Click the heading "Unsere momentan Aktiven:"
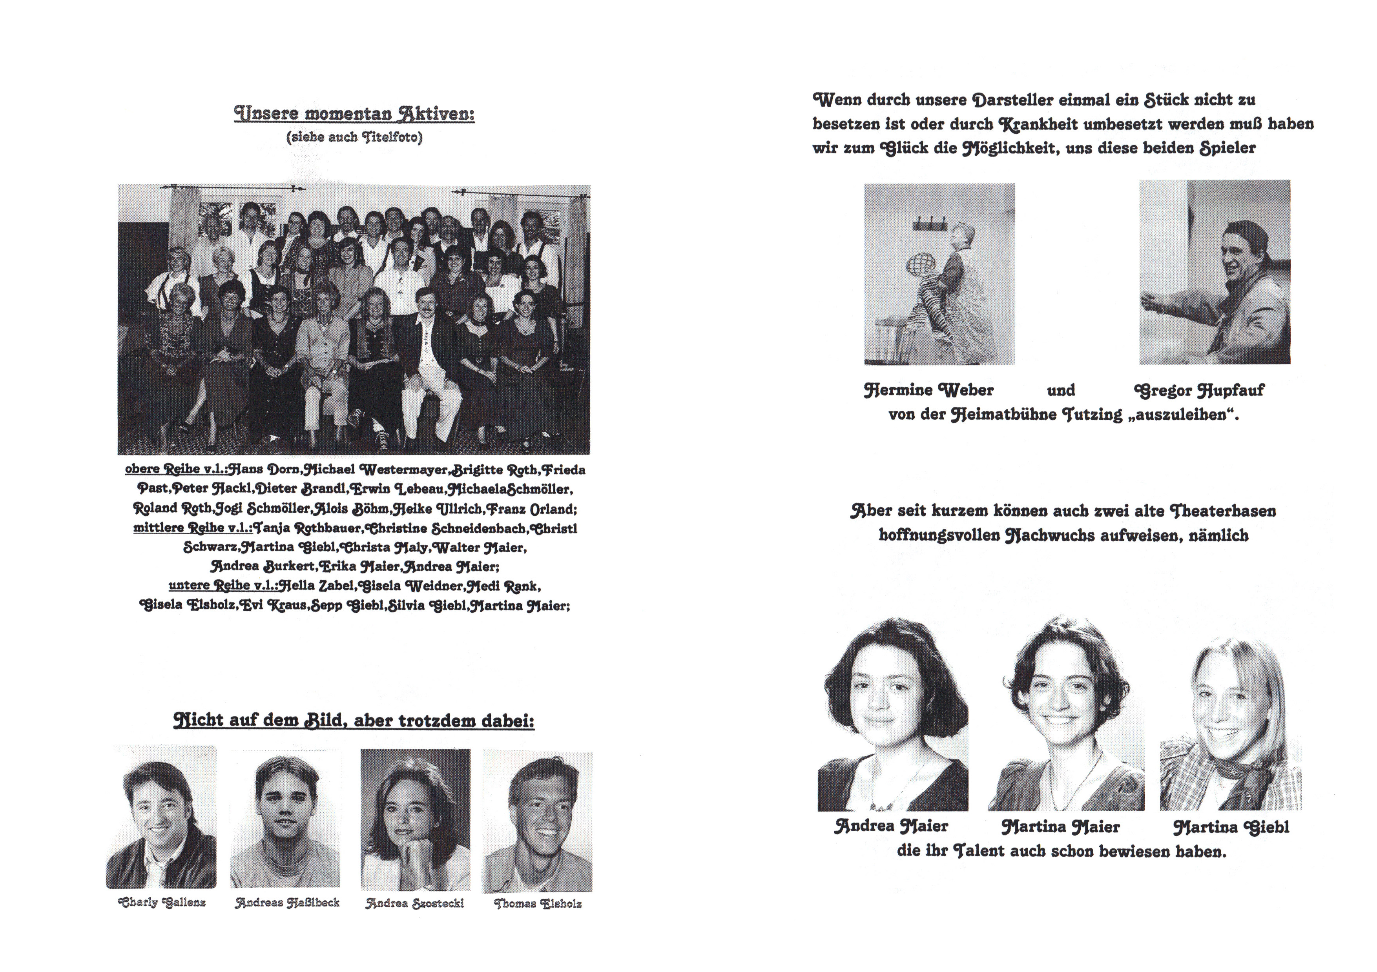click(x=354, y=114)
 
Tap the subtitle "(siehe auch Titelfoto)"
click(x=354, y=137)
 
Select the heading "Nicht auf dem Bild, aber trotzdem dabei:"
click(x=354, y=720)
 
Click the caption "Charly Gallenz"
click(x=162, y=903)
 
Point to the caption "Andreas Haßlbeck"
click(x=287, y=903)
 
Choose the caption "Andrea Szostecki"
click(x=415, y=903)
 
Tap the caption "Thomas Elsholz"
click(x=538, y=904)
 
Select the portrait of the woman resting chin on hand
click(x=415, y=820)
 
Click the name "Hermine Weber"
click(x=928, y=390)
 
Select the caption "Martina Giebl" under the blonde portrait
click(x=1231, y=828)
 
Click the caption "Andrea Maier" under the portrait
click(x=891, y=826)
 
